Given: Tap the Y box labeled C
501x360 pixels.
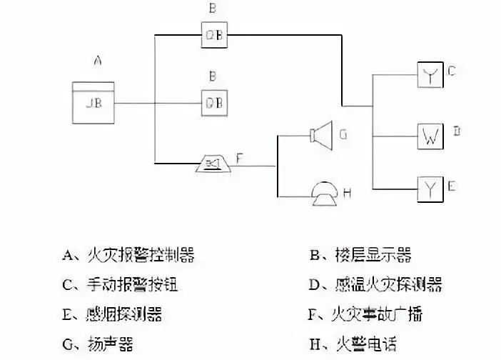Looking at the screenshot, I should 430,76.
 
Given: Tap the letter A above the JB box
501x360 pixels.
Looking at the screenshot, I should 98,61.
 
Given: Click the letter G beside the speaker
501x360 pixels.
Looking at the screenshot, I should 344,133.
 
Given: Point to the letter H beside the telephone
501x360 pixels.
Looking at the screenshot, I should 348,191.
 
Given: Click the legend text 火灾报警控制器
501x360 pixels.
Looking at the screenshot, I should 139,255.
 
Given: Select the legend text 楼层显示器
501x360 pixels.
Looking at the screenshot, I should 373,255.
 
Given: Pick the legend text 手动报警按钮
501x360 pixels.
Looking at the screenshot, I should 131,285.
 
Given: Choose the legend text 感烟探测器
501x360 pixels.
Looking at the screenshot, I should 123,314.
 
